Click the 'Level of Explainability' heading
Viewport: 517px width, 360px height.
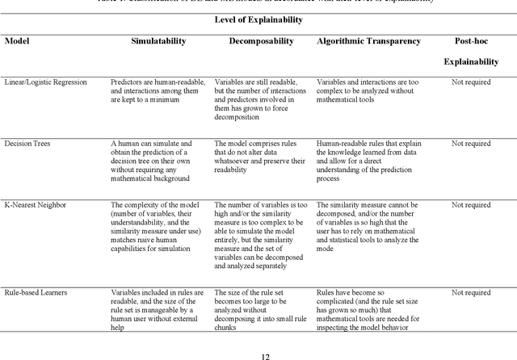[258, 19]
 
